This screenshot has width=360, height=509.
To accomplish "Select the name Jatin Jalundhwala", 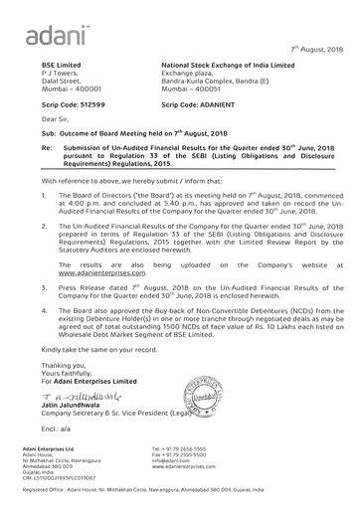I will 79,406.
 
